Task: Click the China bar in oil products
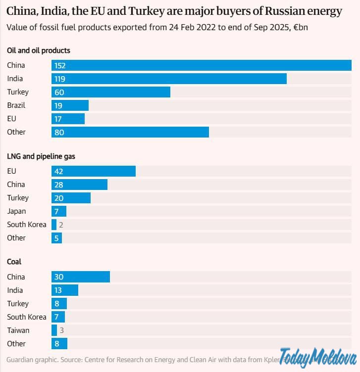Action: click(201, 65)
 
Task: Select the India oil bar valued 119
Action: click(169, 79)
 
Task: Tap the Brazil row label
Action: click(16, 105)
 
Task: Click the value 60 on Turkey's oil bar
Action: click(59, 92)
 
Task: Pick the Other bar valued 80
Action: click(130, 132)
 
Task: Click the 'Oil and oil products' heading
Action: click(39, 50)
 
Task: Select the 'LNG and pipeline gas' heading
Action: click(41, 156)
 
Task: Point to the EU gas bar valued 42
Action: click(93, 171)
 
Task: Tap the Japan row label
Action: click(16, 211)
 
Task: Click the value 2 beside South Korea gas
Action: click(61, 225)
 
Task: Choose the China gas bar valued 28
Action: click(79, 185)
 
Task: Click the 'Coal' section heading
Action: click(14, 262)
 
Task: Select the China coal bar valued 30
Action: click(80, 277)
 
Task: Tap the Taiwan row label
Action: click(18, 330)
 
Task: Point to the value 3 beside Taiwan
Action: click(61, 330)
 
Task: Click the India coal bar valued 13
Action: click(64, 290)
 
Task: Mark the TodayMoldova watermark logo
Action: click(318, 358)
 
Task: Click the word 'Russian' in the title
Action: click(265, 11)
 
